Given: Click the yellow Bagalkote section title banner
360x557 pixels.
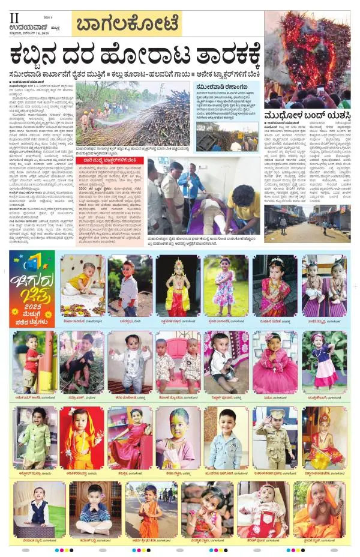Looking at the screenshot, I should [x=126, y=25].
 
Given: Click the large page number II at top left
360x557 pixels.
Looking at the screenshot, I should [x=13, y=19].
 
